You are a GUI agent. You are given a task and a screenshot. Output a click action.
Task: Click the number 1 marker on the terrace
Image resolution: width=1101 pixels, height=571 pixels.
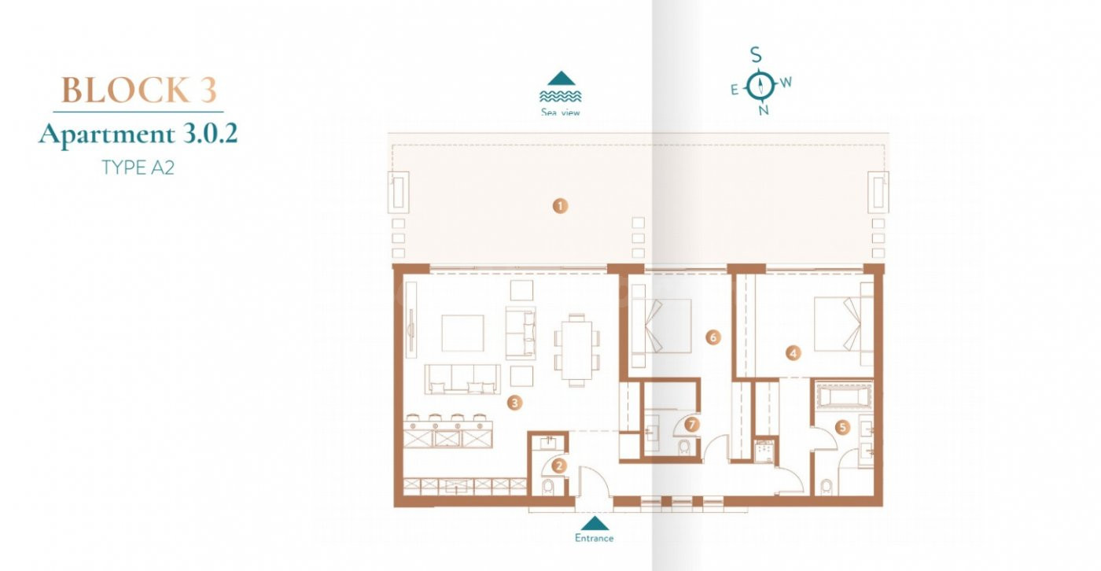[560, 206]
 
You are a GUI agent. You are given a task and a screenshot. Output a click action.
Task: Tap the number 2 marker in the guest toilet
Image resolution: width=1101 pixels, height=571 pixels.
[559, 466]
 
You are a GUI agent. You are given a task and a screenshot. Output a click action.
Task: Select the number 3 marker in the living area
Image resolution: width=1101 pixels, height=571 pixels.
[514, 403]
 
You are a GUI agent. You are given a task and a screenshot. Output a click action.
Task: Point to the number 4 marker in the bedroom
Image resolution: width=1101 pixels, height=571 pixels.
[793, 352]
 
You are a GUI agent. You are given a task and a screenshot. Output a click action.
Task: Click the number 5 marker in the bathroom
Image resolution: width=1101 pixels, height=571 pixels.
[843, 427]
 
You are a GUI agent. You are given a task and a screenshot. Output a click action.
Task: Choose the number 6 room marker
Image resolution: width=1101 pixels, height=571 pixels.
[713, 337]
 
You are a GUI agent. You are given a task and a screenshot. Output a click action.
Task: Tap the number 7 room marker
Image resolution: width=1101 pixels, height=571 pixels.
[692, 424]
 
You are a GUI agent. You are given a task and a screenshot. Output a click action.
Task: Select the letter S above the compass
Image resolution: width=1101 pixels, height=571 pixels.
[756, 55]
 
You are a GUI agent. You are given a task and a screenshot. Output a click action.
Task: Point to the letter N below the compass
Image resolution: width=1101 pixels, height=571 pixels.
[764, 110]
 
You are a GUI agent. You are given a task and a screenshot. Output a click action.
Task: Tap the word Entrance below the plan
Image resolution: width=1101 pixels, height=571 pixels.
[595, 538]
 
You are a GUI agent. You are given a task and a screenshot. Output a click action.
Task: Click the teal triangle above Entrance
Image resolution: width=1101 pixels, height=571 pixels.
[595, 523]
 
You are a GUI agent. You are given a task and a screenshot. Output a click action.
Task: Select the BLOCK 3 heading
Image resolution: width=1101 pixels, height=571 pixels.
[138, 90]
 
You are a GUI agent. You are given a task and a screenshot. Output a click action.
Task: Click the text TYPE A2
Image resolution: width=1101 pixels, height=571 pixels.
[138, 168]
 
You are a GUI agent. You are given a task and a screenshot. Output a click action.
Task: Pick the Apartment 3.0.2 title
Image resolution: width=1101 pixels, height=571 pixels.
[138, 134]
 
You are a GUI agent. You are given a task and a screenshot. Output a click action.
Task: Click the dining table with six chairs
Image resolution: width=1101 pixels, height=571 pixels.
[577, 350]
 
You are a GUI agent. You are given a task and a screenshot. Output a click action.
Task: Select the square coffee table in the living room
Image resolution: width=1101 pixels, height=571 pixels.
[462, 333]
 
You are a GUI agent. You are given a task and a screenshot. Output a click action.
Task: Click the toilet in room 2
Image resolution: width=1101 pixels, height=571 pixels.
[547, 487]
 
